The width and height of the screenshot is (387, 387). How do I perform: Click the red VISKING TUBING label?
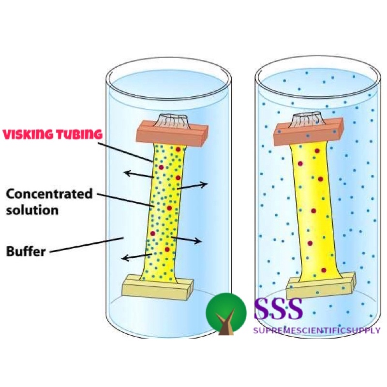(x=52, y=134)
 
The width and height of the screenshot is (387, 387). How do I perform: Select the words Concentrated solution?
(x=49, y=202)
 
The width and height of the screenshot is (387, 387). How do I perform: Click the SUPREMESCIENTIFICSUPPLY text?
(x=317, y=331)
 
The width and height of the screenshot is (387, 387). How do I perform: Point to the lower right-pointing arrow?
(x=186, y=239)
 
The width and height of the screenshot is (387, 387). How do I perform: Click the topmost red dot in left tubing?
(x=178, y=149)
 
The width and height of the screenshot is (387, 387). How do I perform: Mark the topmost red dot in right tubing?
(x=317, y=151)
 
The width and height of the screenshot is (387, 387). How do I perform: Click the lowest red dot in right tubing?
(x=323, y=270)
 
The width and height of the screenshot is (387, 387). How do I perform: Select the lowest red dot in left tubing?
(x=167, y=250)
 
